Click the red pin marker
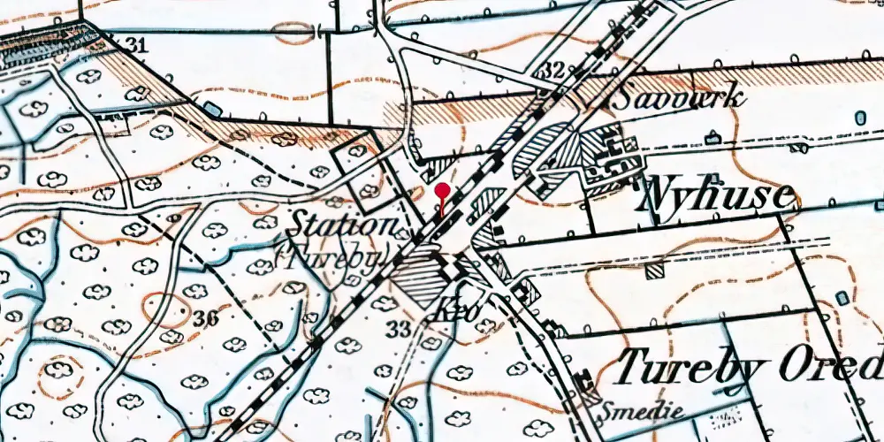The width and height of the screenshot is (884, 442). point(443,190)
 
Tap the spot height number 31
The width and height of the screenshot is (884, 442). point(135,45)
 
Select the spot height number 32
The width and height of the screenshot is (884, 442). point(554,70)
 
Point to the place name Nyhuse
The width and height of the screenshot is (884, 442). point(717,194)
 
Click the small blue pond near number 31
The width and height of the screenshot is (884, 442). point(211,108)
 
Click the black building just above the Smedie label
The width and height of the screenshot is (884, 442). point(583,383)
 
